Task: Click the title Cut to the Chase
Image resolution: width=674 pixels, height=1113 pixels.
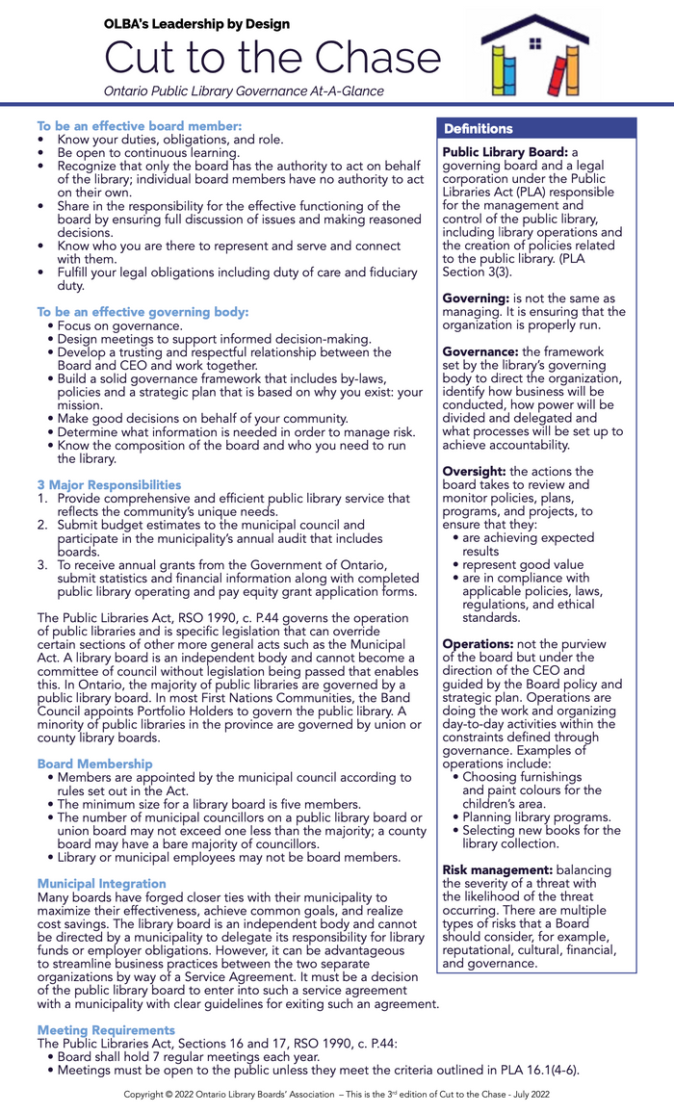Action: click(x=272, y=60)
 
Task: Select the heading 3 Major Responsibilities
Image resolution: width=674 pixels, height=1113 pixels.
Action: click(x=109, y=484)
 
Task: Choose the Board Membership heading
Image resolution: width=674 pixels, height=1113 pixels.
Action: click(x=94, y=764)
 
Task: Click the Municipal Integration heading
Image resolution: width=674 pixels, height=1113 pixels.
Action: click(x=101, y=883)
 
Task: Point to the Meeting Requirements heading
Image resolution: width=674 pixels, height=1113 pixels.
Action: click(x=106, y=1029)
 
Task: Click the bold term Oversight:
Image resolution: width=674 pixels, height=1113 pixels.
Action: click(x=474, y=471)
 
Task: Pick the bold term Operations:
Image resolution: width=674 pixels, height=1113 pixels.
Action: click(x=478, y=643)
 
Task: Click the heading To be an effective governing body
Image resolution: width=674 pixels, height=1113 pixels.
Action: click(x=143, y=312)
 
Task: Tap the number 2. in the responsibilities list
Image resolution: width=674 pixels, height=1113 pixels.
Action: click(x=43, y=526)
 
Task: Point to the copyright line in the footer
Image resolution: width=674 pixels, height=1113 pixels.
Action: click(x=336, y=1095)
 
